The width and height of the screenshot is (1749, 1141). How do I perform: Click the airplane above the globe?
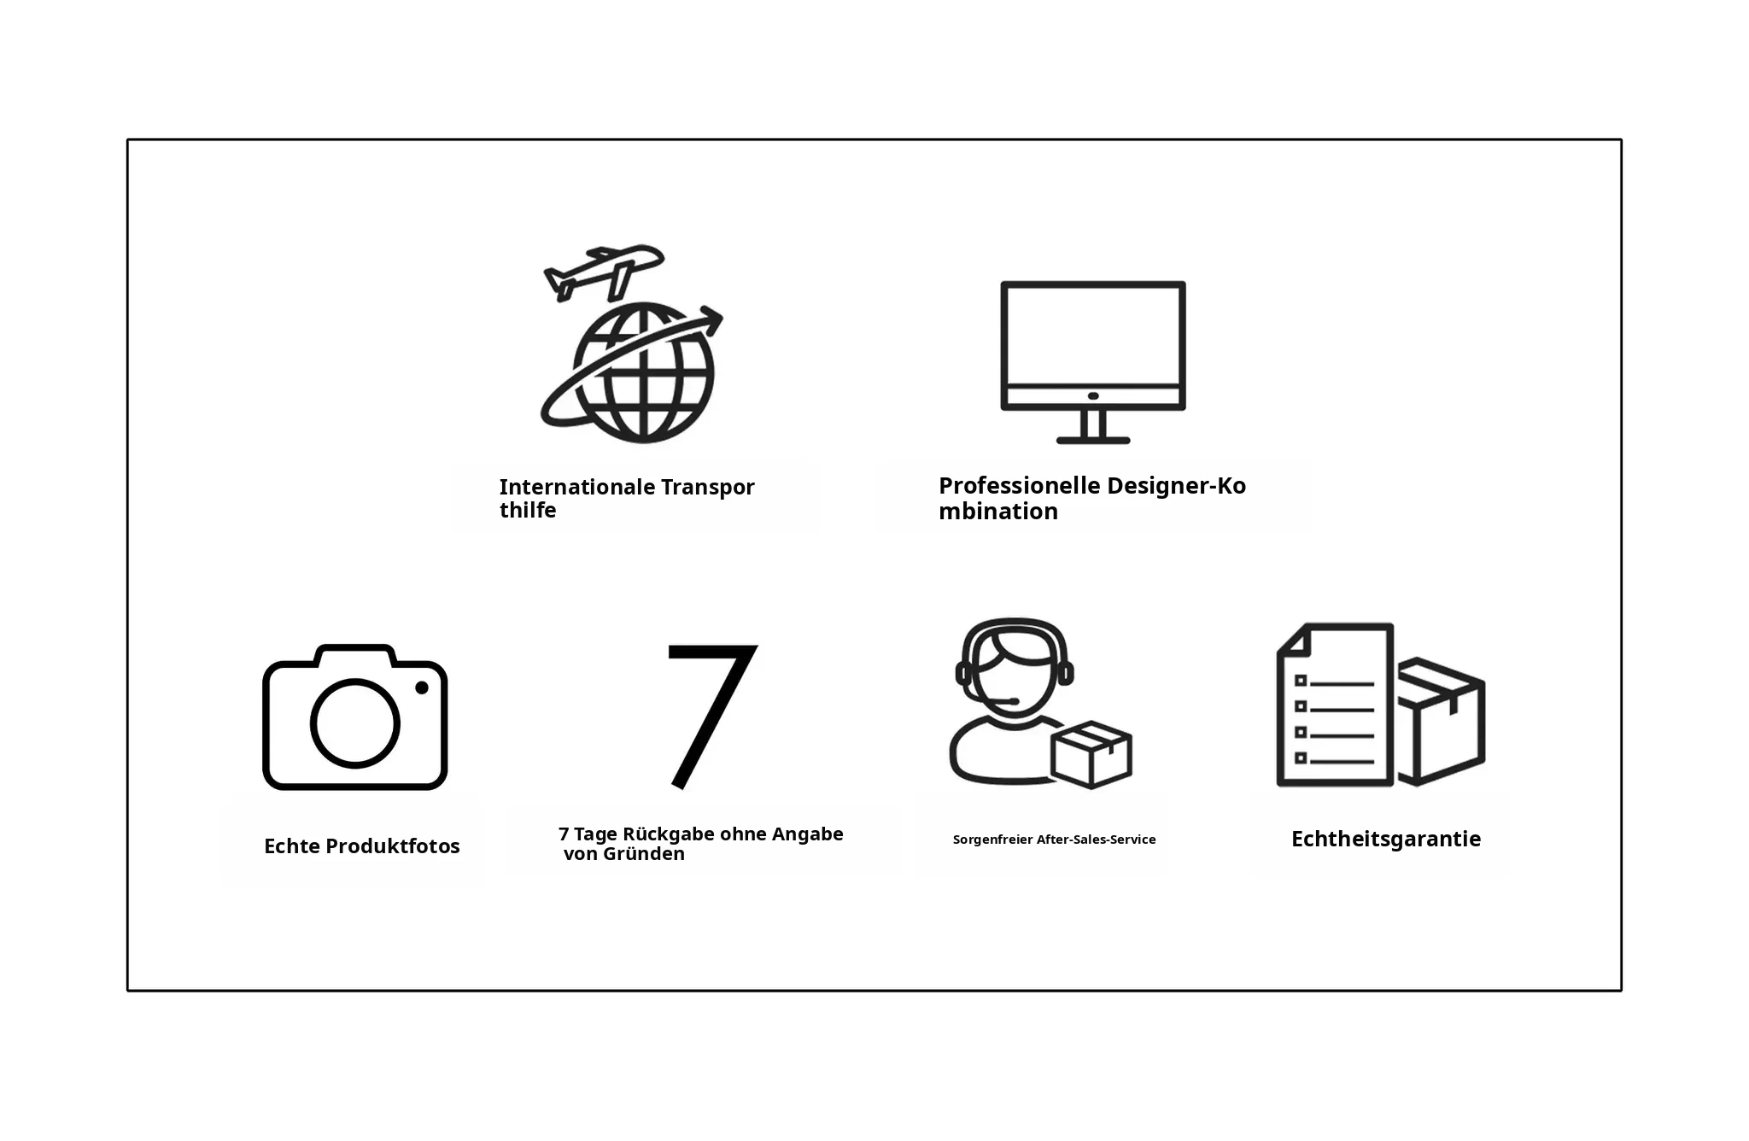pyautogui.click(x=603, y=272)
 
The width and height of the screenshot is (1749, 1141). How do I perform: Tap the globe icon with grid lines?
pyautogui.click(x=643, y=373)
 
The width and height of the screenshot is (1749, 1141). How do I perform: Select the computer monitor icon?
pyautogui.click(x=1093, y=362)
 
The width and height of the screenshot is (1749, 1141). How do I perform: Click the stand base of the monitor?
pyautogui.click(x=1093, y=440)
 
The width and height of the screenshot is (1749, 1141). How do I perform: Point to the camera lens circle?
pyautogui.click(x=354, y=723)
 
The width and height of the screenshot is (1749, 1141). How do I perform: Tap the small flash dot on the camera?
pyautogui.click(x=422, y=688)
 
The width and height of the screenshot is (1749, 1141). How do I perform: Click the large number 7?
pyautogui.click(x=711, y=717)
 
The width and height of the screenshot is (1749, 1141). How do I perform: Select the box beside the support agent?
pyautogui.click(x=1091, y=755)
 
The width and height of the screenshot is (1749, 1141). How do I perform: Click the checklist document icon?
pyautogui.click(x=1336, y=705)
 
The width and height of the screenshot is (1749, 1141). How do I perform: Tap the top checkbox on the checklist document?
pyautogui.click(x=1301, y=681)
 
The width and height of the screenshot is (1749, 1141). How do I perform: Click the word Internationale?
pyautogui.click(x=577, y=487)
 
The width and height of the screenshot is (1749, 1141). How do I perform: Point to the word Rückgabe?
pyautogui.click(x=664, y=834)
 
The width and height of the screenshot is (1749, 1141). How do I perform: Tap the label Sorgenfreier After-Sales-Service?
pyautogui.click(x=1055, y=840)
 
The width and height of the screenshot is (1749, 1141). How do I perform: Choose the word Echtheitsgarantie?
pyautogui.click(x=1386, y=840)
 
